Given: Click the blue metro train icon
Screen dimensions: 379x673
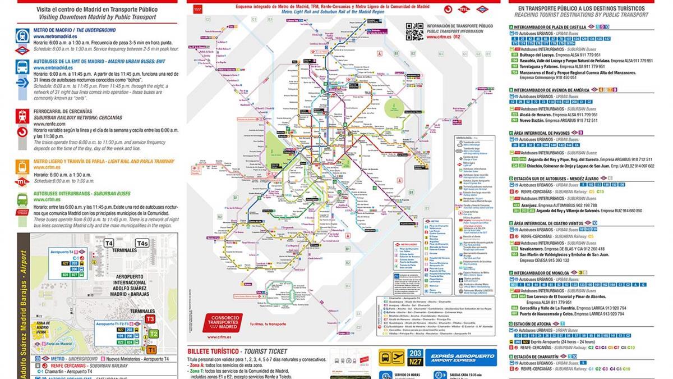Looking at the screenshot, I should (22, 35).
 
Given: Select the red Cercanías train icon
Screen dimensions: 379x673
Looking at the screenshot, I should (22, 116).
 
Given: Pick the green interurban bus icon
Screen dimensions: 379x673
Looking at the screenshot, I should (22, 199).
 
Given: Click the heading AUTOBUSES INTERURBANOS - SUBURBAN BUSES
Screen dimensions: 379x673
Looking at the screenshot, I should (82, 193).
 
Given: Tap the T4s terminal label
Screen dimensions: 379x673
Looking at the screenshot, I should (142, 243).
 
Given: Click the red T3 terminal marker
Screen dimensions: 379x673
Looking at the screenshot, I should (150, 319).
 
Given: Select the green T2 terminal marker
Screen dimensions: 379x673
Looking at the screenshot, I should (154, 334).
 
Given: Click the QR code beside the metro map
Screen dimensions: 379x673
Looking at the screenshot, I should (414, 31).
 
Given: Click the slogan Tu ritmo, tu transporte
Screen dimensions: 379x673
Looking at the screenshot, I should (266, 325).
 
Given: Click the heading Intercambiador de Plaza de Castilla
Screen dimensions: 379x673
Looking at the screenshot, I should (551, 26).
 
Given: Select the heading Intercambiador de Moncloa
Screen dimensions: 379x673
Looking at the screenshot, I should (543, 272).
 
